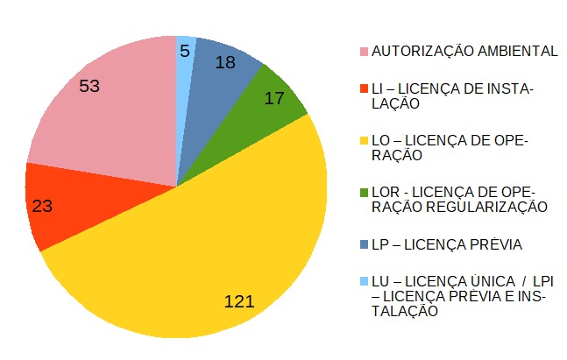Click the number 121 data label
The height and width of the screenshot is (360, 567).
[x=238, y=301]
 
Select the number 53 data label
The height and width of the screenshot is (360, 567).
[x=90, y=86]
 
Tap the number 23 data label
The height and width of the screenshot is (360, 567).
[x=42, y=207]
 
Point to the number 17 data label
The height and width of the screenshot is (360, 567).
[x=274, y=98]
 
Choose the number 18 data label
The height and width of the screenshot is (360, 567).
[x=224, y=62]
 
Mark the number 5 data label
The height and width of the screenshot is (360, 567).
[x=185, y=51]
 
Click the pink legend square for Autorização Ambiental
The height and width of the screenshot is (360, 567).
[x=363, y=52]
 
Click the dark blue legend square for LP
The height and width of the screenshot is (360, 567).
[x=363, y=244]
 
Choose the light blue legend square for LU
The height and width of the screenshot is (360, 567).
[x=363, y=281]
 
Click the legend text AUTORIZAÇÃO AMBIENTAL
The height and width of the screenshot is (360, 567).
[x=464, y=52]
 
